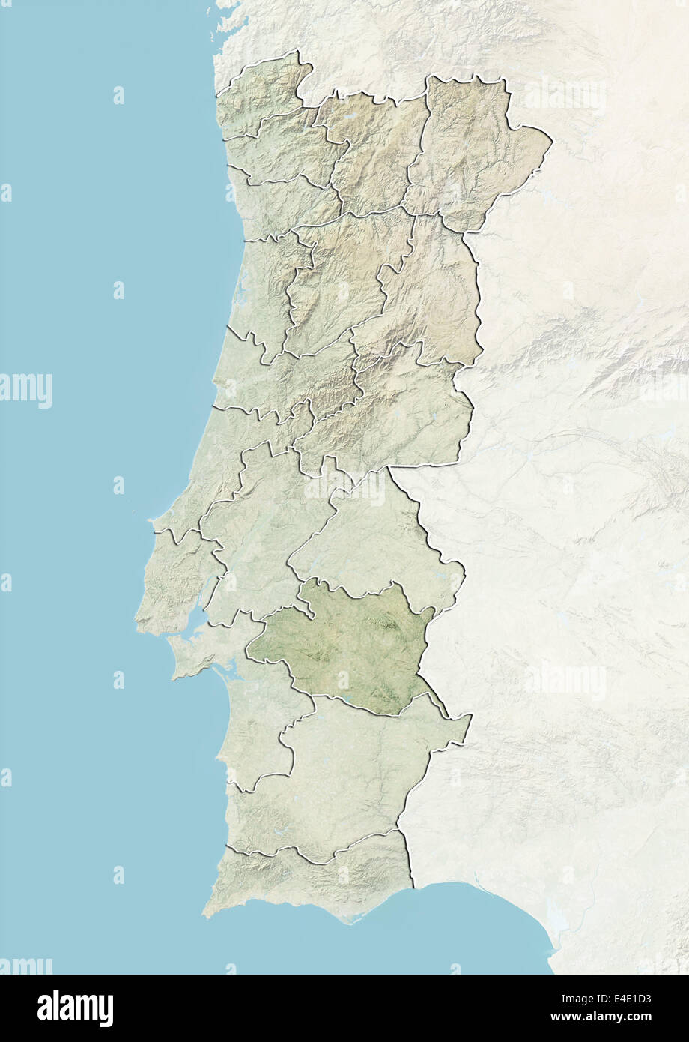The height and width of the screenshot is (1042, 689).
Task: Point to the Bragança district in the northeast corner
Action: [472, 150]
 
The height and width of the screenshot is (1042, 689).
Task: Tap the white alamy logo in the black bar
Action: [75, 1008]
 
